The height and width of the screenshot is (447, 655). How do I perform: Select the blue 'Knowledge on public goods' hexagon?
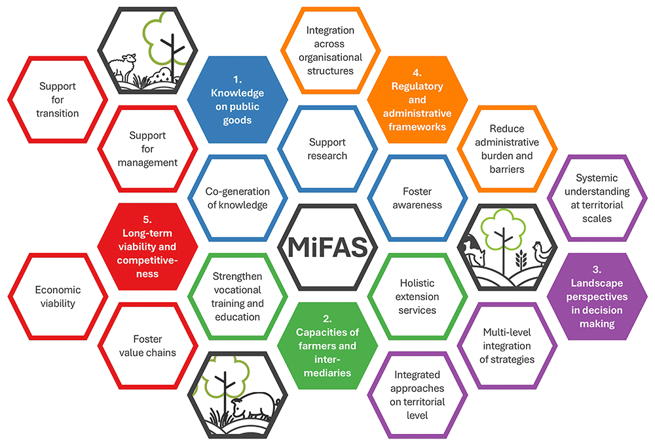pos(237,100)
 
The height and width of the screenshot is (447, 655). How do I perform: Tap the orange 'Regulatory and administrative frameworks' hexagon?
pos(417,100)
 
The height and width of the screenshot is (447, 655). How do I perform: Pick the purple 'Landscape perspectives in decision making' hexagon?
pos(597,296)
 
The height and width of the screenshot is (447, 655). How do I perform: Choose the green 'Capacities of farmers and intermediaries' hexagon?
pos(327,346)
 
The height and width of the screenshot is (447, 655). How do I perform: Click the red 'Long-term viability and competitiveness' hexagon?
pos(147,246)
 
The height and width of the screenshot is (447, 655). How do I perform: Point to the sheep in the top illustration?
pos(122,66)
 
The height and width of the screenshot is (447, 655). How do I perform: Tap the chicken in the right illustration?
pos(542,253)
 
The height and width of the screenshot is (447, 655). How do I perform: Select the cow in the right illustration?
pos(474,251)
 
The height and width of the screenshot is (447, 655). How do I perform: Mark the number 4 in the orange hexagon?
pos(417,72)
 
